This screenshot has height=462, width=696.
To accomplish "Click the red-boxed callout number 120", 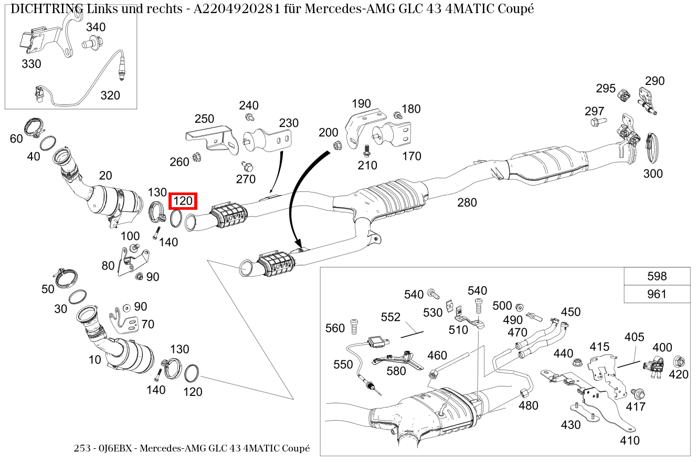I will tap(183, 201).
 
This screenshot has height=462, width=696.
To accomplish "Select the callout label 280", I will tap(467, 202).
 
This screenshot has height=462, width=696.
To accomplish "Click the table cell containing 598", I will tap(657, 276).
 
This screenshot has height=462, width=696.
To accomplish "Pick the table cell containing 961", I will tap(657, 294).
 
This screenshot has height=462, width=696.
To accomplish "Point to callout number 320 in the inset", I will tap(110, 95).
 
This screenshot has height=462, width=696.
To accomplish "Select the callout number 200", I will tap(329, 133).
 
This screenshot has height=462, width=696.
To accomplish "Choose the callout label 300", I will tap(653, 174).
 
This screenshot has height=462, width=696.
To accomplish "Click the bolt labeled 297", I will tap(598, 122).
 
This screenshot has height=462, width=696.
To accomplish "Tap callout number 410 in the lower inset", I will tap(629, 440).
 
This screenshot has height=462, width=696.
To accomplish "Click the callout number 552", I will tap(391, 317).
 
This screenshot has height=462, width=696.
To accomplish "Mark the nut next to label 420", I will tap(677, 361).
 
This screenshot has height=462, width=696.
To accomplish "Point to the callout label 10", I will tap(94, 360).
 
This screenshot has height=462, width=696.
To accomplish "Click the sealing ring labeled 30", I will tap(78, 296).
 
